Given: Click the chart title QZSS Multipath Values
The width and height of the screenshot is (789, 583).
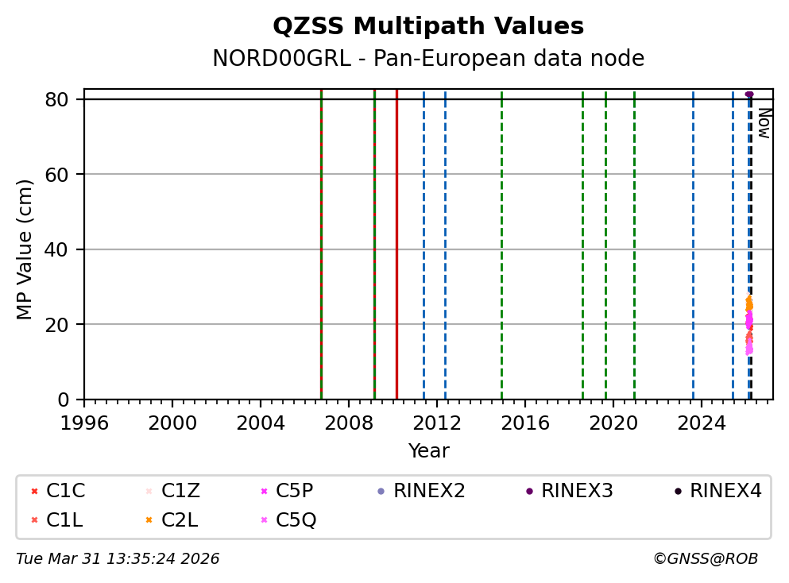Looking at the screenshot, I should (x=428, y=27).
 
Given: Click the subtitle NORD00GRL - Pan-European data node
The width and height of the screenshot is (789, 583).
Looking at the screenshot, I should (x=428, y=59).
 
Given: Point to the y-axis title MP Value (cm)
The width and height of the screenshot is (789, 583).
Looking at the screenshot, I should (x=25, y=249).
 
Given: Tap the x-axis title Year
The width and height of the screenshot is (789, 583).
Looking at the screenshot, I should (x=428, y=451).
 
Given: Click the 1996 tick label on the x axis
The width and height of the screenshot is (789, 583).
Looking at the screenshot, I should (x=84, y=423).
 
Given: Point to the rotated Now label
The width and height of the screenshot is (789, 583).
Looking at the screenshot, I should (x=764, y=123).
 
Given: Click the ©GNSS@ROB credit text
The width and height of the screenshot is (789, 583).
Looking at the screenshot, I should (x=705, y=559).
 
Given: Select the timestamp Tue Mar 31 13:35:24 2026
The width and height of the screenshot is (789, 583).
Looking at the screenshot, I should (x=118, y=559).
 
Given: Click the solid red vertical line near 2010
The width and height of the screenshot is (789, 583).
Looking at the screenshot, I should (x=396, y=238).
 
